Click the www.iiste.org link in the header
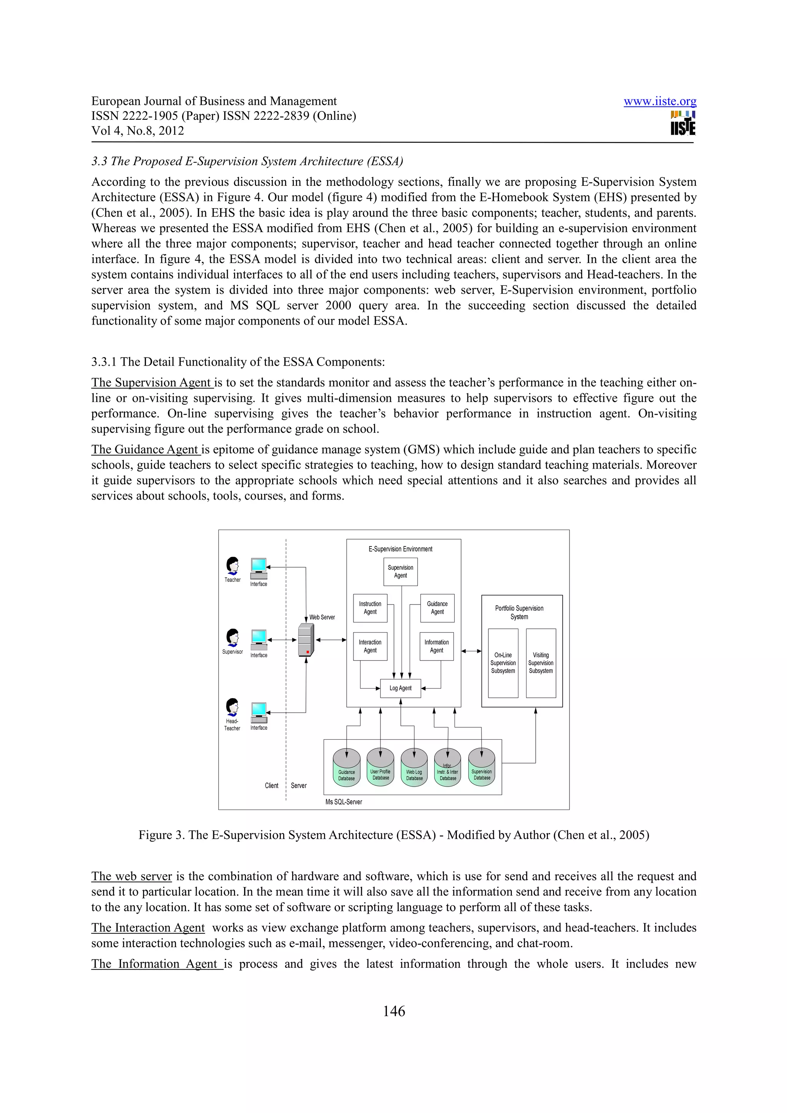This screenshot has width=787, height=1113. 659,101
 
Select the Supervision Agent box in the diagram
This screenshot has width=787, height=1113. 400,571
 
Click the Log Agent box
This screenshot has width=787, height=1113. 400,688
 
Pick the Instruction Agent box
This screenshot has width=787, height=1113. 370,608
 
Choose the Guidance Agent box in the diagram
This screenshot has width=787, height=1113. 437,608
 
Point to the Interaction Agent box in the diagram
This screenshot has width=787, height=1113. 370,646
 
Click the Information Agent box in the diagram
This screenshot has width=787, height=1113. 437,646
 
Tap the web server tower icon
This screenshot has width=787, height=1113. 306,639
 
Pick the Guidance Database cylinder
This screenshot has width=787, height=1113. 347,767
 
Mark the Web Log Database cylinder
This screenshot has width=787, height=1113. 414,767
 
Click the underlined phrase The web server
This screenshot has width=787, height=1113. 131,876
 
